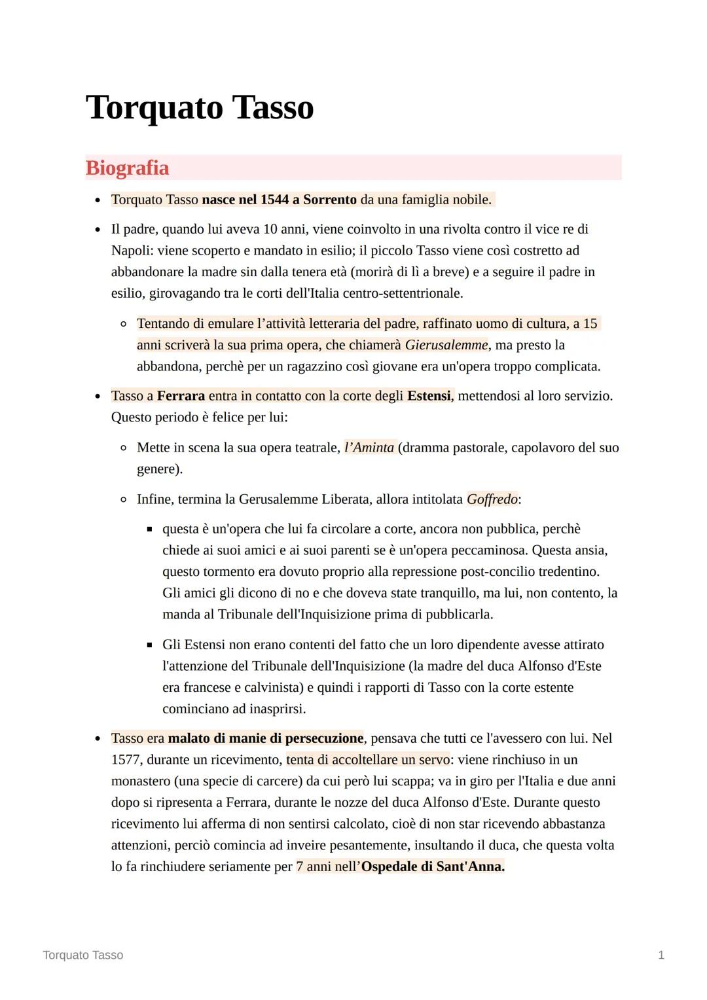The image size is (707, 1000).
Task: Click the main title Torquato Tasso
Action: tap(200, 108)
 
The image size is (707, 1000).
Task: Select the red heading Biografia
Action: tap(127, 168)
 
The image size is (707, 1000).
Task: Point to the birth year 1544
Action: tap(274, 200)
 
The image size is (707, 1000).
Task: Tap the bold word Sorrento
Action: tap(330, 200)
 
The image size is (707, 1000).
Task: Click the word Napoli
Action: tap(132, 251)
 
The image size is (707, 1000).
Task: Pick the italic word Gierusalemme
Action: tap(446, 345)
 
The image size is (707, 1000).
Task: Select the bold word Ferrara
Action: tap(181, 396)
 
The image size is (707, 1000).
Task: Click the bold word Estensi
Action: tap(429, 396)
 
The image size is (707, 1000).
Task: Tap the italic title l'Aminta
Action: tap(369, 448)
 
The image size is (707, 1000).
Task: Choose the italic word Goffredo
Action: tap(492, 499)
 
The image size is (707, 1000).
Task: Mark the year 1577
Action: tap(126, 760)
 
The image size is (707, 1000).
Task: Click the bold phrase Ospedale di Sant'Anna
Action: tap(433, 866)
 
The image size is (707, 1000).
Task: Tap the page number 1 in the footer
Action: tap(661, 955)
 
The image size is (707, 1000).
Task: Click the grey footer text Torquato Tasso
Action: tap(83, 955)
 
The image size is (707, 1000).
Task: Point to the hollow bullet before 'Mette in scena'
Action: tap(123, 448)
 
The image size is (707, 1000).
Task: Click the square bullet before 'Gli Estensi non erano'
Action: tap(149, 645)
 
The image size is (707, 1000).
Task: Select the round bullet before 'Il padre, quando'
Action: tap(98, 230)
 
